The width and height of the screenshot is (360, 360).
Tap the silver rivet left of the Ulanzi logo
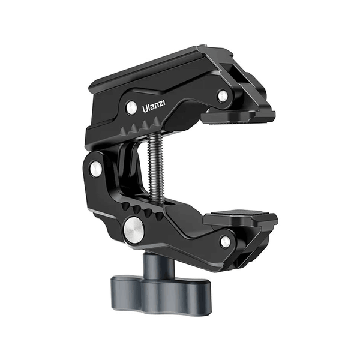pyautogui.click(x=131, y=108)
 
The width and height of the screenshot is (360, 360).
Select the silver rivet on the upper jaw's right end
pyautogui.click(x=223, y=95)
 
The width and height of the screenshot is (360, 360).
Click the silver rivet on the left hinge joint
pyautogui.click(x=95, y=169)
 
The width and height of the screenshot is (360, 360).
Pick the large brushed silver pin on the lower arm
pyautogui.click(x=134, y=229)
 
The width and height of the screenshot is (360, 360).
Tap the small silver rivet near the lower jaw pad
pyautogui.click(x=226, y=241)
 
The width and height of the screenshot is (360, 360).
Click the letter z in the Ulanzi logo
pyautogui.click(x=161, y=105)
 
